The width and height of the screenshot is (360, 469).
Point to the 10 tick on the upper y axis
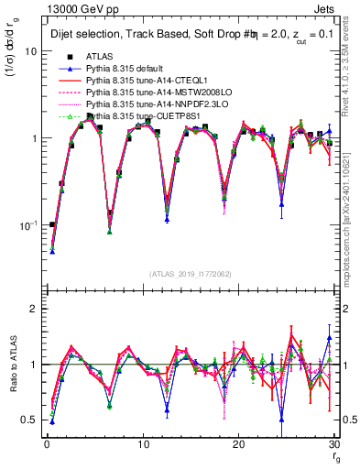click(x=30, y=51)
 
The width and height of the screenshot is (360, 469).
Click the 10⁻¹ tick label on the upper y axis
click(x=27, y=224)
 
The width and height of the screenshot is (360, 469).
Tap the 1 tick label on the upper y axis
click(x=33, y=138)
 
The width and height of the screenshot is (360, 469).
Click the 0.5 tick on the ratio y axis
click(x=28, y=420)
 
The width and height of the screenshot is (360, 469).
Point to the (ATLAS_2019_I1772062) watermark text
click(x=191, y=274)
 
